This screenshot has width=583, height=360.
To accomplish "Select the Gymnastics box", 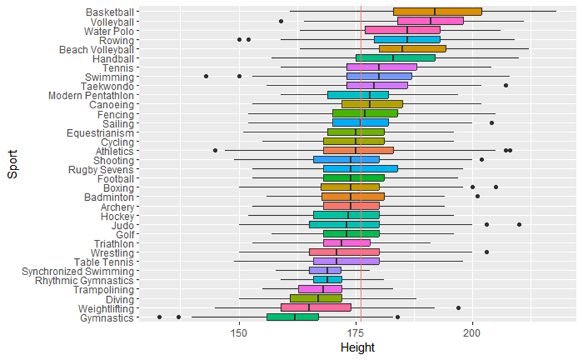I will [292, 318].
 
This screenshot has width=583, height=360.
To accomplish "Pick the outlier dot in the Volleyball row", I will [281, 22].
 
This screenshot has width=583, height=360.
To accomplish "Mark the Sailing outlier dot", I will [492, 123].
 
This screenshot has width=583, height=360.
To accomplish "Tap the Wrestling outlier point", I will [486, 252].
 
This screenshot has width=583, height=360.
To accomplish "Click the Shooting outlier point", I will [482, 160].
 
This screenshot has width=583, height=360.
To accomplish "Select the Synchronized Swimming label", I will [78, 271].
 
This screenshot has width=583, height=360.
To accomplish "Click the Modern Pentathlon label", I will [91, 95].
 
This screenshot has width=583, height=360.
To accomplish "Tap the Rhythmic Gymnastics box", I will [327, 280].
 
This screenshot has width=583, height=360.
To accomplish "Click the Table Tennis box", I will [346, 262].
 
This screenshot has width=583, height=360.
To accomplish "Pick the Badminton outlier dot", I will [477, 196].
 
